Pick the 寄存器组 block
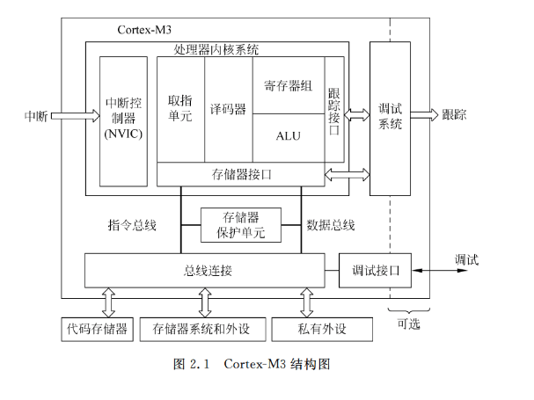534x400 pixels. [289, 85]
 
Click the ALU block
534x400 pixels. [289, 136]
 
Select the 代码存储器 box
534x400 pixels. [97, 330]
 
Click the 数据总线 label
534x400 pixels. [331, 226]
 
